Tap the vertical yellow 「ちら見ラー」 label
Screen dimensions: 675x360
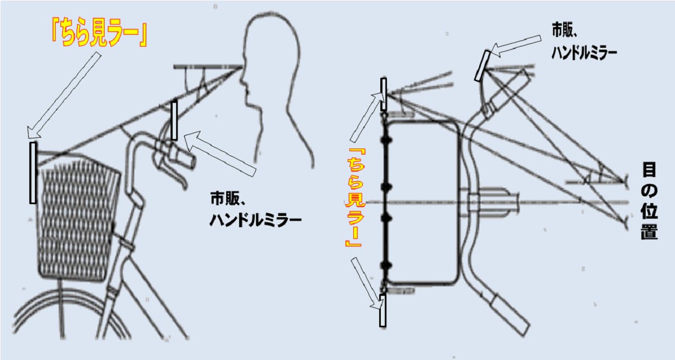point(354,197)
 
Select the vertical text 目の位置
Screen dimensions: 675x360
point(649,201)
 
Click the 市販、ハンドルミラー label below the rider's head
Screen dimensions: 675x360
point(255,209)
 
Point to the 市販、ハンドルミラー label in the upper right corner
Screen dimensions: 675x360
point(584,42)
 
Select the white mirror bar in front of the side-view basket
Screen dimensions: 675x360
point(33,173)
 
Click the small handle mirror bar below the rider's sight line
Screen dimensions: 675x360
point(174,120)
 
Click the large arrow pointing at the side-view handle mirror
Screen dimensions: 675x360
point(219,153)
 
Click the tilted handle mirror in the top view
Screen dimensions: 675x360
point(482,66)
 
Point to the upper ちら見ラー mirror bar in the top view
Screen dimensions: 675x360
point(383,94)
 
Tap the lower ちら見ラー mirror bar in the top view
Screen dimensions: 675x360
point(382,310)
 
